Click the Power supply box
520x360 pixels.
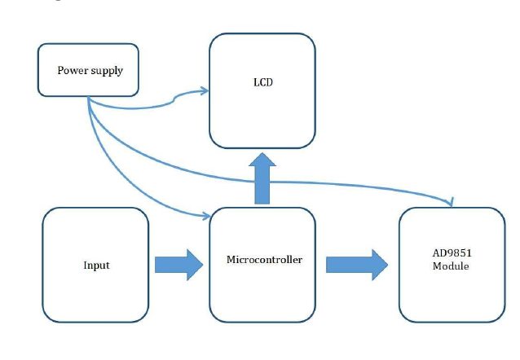tap(90, 70)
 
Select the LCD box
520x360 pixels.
tap(262, 90)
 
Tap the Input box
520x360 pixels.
tap(95, 265)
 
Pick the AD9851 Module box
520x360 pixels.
tap(451, 265)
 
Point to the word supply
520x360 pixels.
tap(107, 71)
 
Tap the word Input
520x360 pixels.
tap(96, 266)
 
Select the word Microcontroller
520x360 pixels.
tap(264, 260)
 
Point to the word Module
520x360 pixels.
tap(451, 267)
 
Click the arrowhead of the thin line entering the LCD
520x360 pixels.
tap(204, 92)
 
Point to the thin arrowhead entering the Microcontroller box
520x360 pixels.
tap(205, 217)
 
